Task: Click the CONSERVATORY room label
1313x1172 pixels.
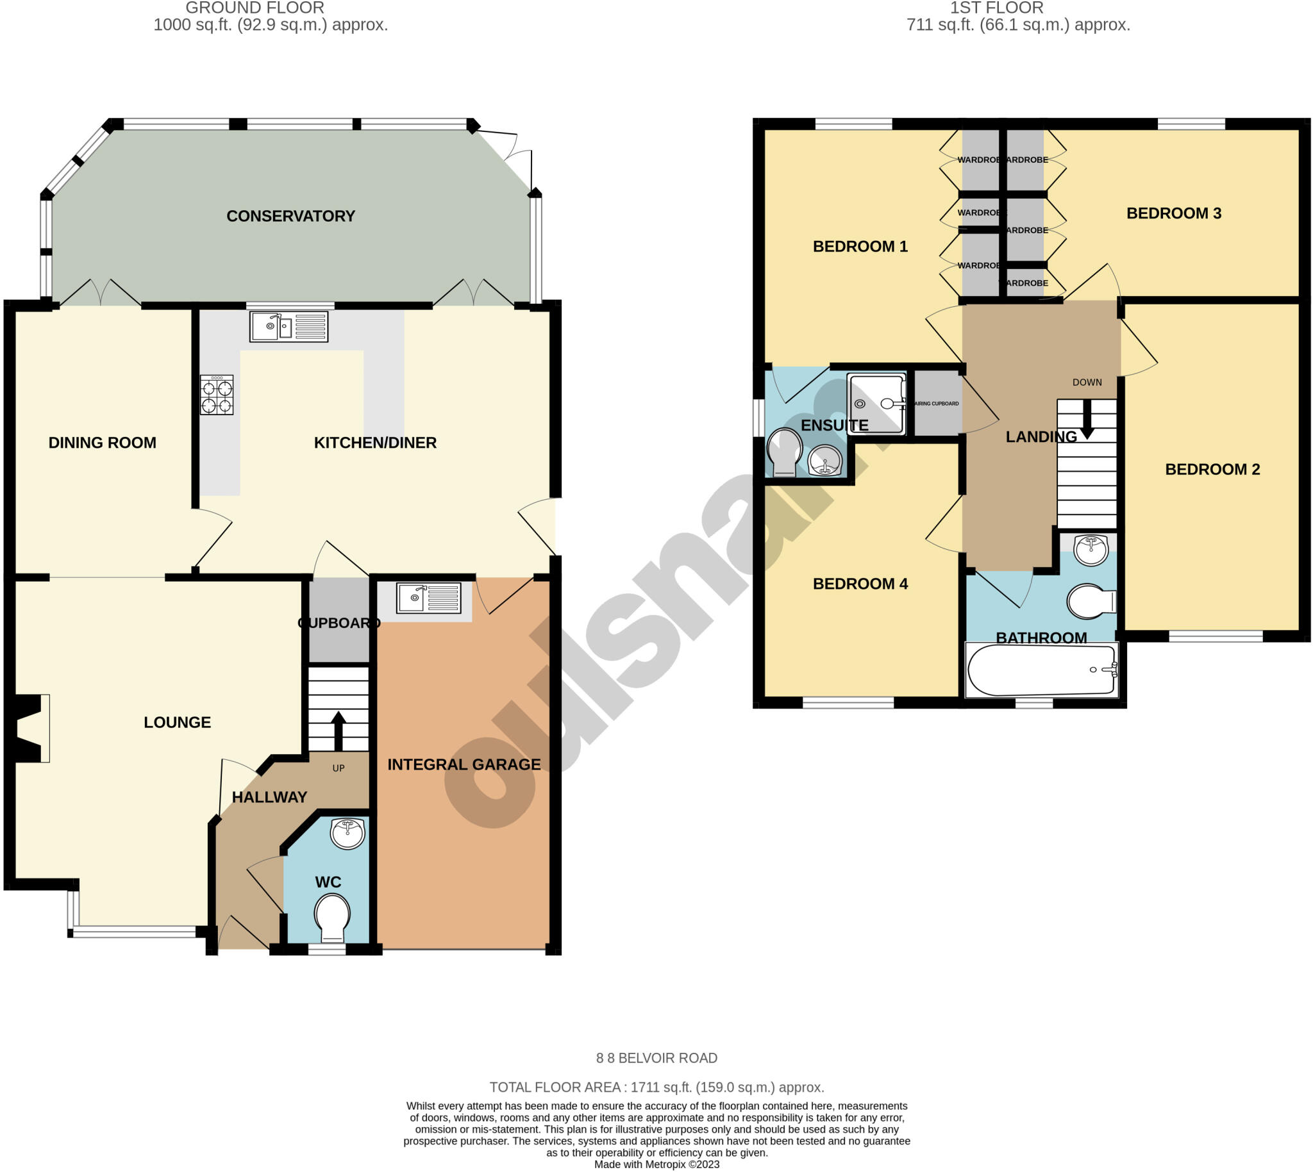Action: (x=290, y=216)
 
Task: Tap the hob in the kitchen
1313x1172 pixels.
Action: (x=217, y=395)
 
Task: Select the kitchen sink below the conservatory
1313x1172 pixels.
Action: (x=289, y=327)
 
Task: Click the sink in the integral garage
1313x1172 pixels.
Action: (x=428, y=598)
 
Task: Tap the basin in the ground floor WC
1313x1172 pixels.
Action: (x=347, y=833)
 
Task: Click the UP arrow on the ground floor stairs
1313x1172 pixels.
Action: (x=338, y=730)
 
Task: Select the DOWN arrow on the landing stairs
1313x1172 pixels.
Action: (x=1087, y=420)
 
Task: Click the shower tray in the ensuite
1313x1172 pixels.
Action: (x=876, y=404)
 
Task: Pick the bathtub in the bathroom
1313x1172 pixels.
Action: (x=1041, y=670)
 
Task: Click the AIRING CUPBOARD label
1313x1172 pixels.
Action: (x=937, y=404)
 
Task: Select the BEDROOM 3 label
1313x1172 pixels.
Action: (x=1173, y=213)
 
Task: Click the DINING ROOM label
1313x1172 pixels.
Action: (x=103, y=442)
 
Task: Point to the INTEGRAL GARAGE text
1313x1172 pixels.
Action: (x=464, y=764)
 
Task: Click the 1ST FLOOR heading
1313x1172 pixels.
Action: (x=996, y=8)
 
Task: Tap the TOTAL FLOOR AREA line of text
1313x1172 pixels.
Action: (x=656, y=1087)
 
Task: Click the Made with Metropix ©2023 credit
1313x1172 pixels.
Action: (x=656, y=1164)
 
